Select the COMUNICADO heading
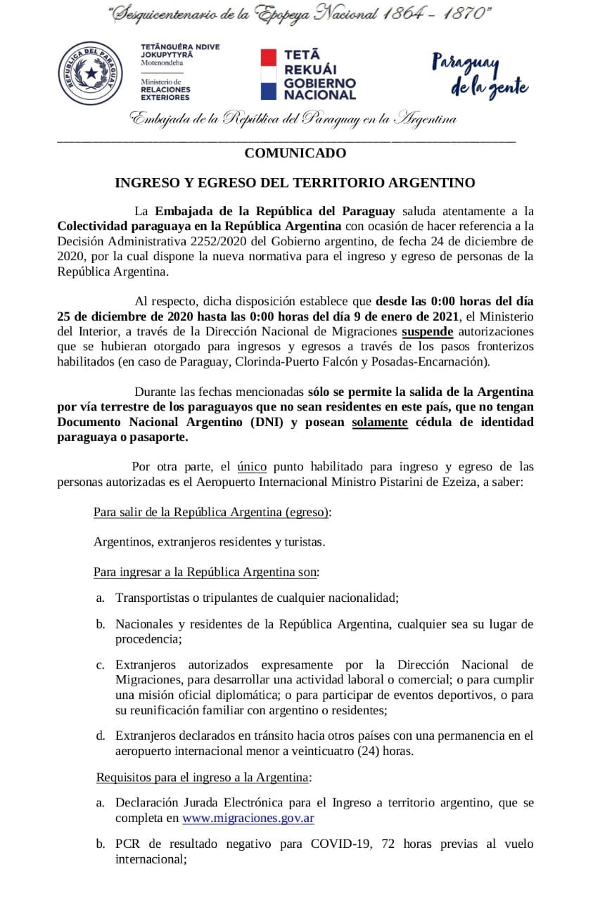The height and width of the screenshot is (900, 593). coord(295,153)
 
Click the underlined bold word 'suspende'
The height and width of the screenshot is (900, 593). coord(428,331)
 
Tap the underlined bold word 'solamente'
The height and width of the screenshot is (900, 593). coord(380,422)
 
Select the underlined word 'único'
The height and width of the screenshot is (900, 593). coord(251,466)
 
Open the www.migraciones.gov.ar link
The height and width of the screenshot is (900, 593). coord(248,818)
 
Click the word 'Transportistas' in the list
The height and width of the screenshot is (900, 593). coord(149,598)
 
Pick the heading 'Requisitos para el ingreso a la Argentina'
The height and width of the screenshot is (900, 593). coord(202,777)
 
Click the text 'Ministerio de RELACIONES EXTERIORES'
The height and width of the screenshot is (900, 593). coord(165,89)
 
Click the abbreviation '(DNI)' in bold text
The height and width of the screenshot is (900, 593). coord(262,422)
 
